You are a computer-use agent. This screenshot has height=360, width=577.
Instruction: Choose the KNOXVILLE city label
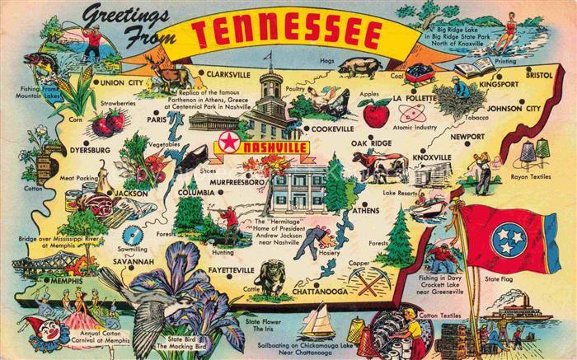click(431, 157)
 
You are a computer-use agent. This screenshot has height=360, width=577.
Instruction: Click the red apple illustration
click(377, 113)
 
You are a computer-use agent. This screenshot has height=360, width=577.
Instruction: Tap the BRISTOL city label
click(541, 73)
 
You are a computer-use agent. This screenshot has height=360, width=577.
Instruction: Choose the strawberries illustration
click(107, 123)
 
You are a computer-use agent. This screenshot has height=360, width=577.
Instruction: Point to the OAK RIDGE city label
click(371, 144)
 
